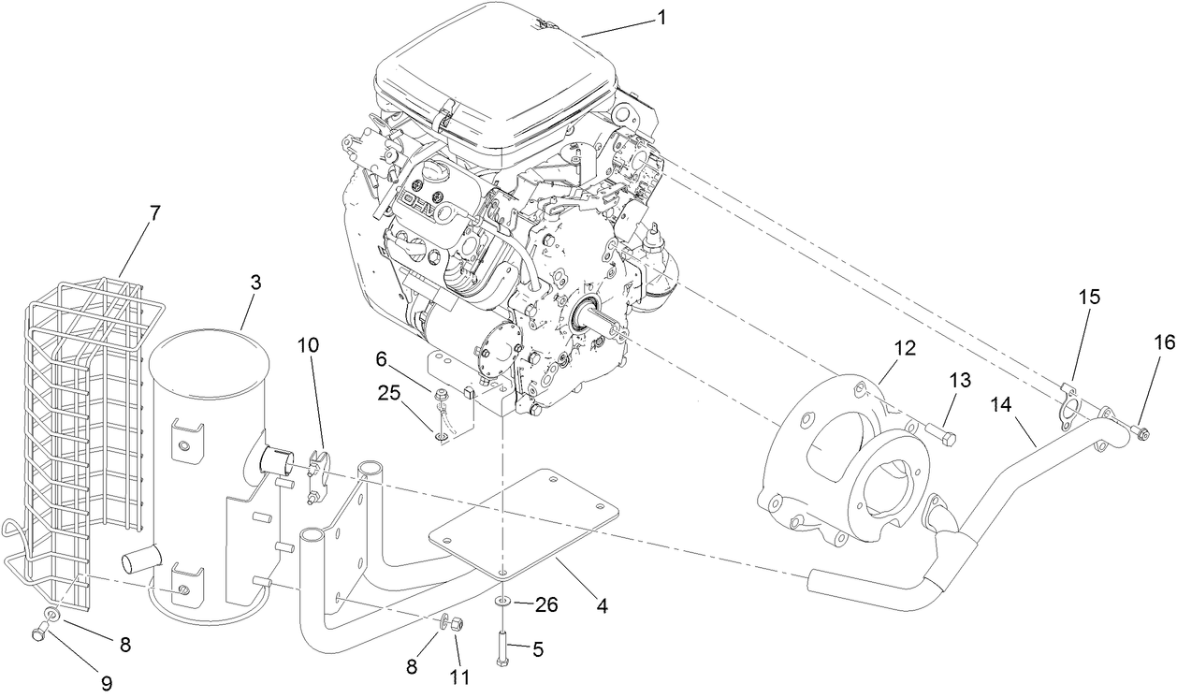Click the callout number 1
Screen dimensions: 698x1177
661,16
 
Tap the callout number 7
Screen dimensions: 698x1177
154,213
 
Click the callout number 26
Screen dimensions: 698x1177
546,604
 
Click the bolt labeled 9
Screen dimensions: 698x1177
38,634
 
